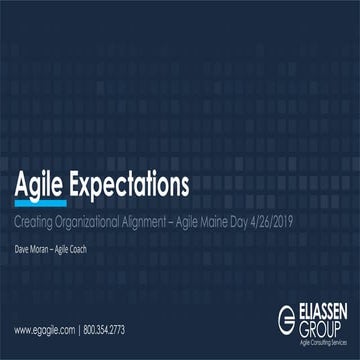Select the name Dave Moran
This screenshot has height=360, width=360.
pyautogui.click(x=30, y=238)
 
